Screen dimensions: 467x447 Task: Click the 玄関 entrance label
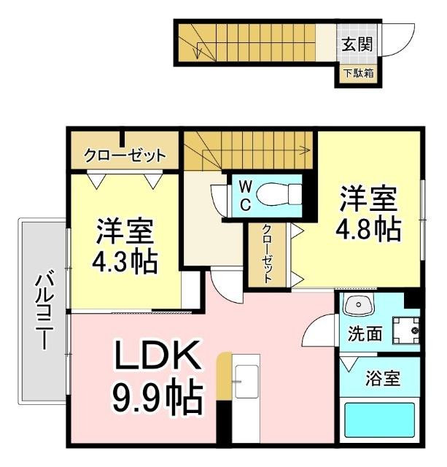click(357, 44)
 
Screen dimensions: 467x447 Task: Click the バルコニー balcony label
click(44, 310)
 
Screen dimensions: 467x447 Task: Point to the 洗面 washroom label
click(364, 333)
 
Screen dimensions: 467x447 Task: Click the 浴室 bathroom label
click(382, 379)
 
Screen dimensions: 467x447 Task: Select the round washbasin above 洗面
click(357, 306)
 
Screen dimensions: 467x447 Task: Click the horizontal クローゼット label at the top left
click(125, 155)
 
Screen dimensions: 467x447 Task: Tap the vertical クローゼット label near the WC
click(268, 253)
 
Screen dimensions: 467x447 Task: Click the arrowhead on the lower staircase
click(301, 151)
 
